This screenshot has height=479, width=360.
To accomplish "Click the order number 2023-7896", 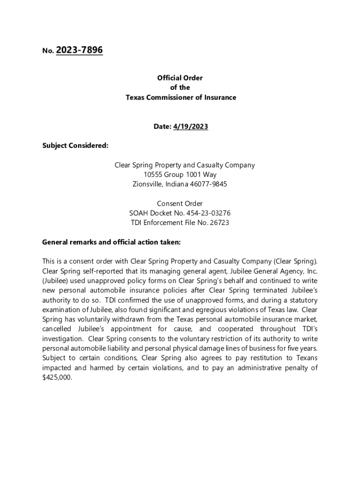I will pyautogui.click(x=79, y=50).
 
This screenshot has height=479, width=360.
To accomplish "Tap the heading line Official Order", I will pyautogui.click(x=180, y=78).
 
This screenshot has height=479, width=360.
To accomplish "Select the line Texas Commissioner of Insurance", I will pyautogui.click(x=180, y=97).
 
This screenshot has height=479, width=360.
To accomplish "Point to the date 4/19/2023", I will pyautogui.click(x=191, y=127).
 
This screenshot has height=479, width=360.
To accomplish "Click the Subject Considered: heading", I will pyautogui.click(x=75, y=145).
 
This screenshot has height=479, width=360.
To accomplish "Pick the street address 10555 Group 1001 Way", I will pyautogui.click(x=180, y=174).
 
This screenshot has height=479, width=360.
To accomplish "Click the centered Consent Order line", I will pyautogui.click(x=180, y=203).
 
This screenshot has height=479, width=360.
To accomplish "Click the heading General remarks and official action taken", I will pyautogui.click(x=111, y=242).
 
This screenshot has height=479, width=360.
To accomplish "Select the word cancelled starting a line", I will pyautogui.click(x=57, y=329).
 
